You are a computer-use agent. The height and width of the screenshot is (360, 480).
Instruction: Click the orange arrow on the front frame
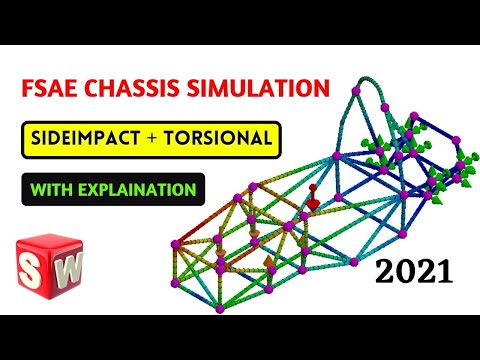click(x=269, y=264)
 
